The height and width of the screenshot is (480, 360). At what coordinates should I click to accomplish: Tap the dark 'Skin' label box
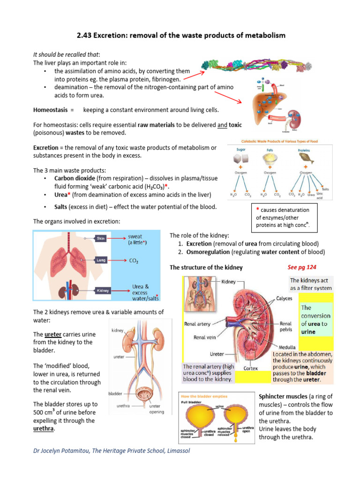[x=101, y=239]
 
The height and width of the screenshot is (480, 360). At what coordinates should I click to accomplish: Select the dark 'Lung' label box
[x=102, y=259]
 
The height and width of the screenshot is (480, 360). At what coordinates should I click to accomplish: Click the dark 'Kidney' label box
[x=103, y=291]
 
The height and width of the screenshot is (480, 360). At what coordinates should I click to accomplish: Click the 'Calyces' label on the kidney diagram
[x=284, y=298]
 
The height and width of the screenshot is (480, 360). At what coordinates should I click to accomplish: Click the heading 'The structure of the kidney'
[x=206, y=267]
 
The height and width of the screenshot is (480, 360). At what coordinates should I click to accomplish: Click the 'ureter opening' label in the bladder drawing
[x=157, y=410]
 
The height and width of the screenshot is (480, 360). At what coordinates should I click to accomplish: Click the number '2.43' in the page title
[x=86, y=35]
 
